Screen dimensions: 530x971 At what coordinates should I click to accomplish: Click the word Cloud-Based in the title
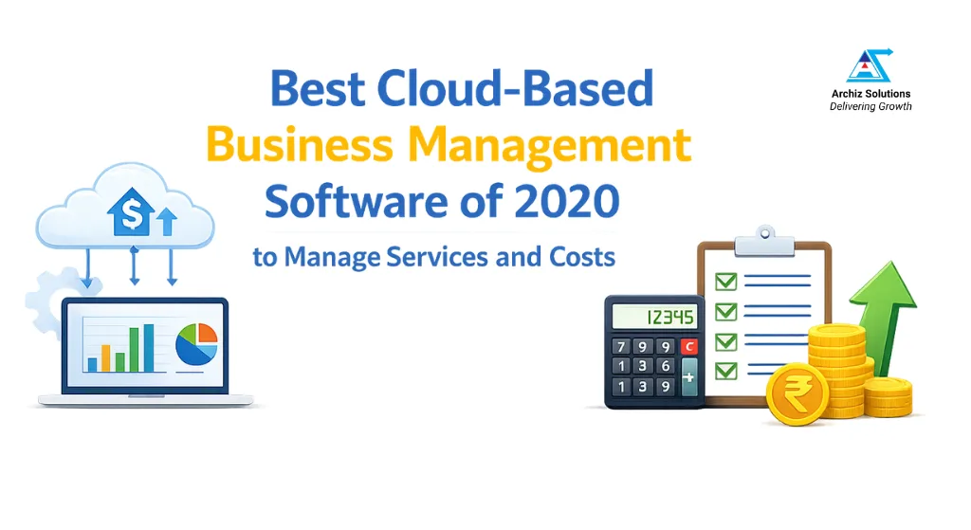click(515, 90)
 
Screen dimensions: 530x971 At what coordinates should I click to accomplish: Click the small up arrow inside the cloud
click(167, 222)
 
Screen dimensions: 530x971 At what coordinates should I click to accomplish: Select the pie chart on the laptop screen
click(197, 344)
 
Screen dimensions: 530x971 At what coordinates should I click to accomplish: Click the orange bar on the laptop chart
click(106, 357)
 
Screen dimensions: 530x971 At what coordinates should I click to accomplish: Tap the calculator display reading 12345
click(655, 317)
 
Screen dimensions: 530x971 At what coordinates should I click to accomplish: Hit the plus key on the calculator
click(688, 376)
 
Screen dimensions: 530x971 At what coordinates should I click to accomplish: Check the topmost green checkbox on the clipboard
click(725, 281)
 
